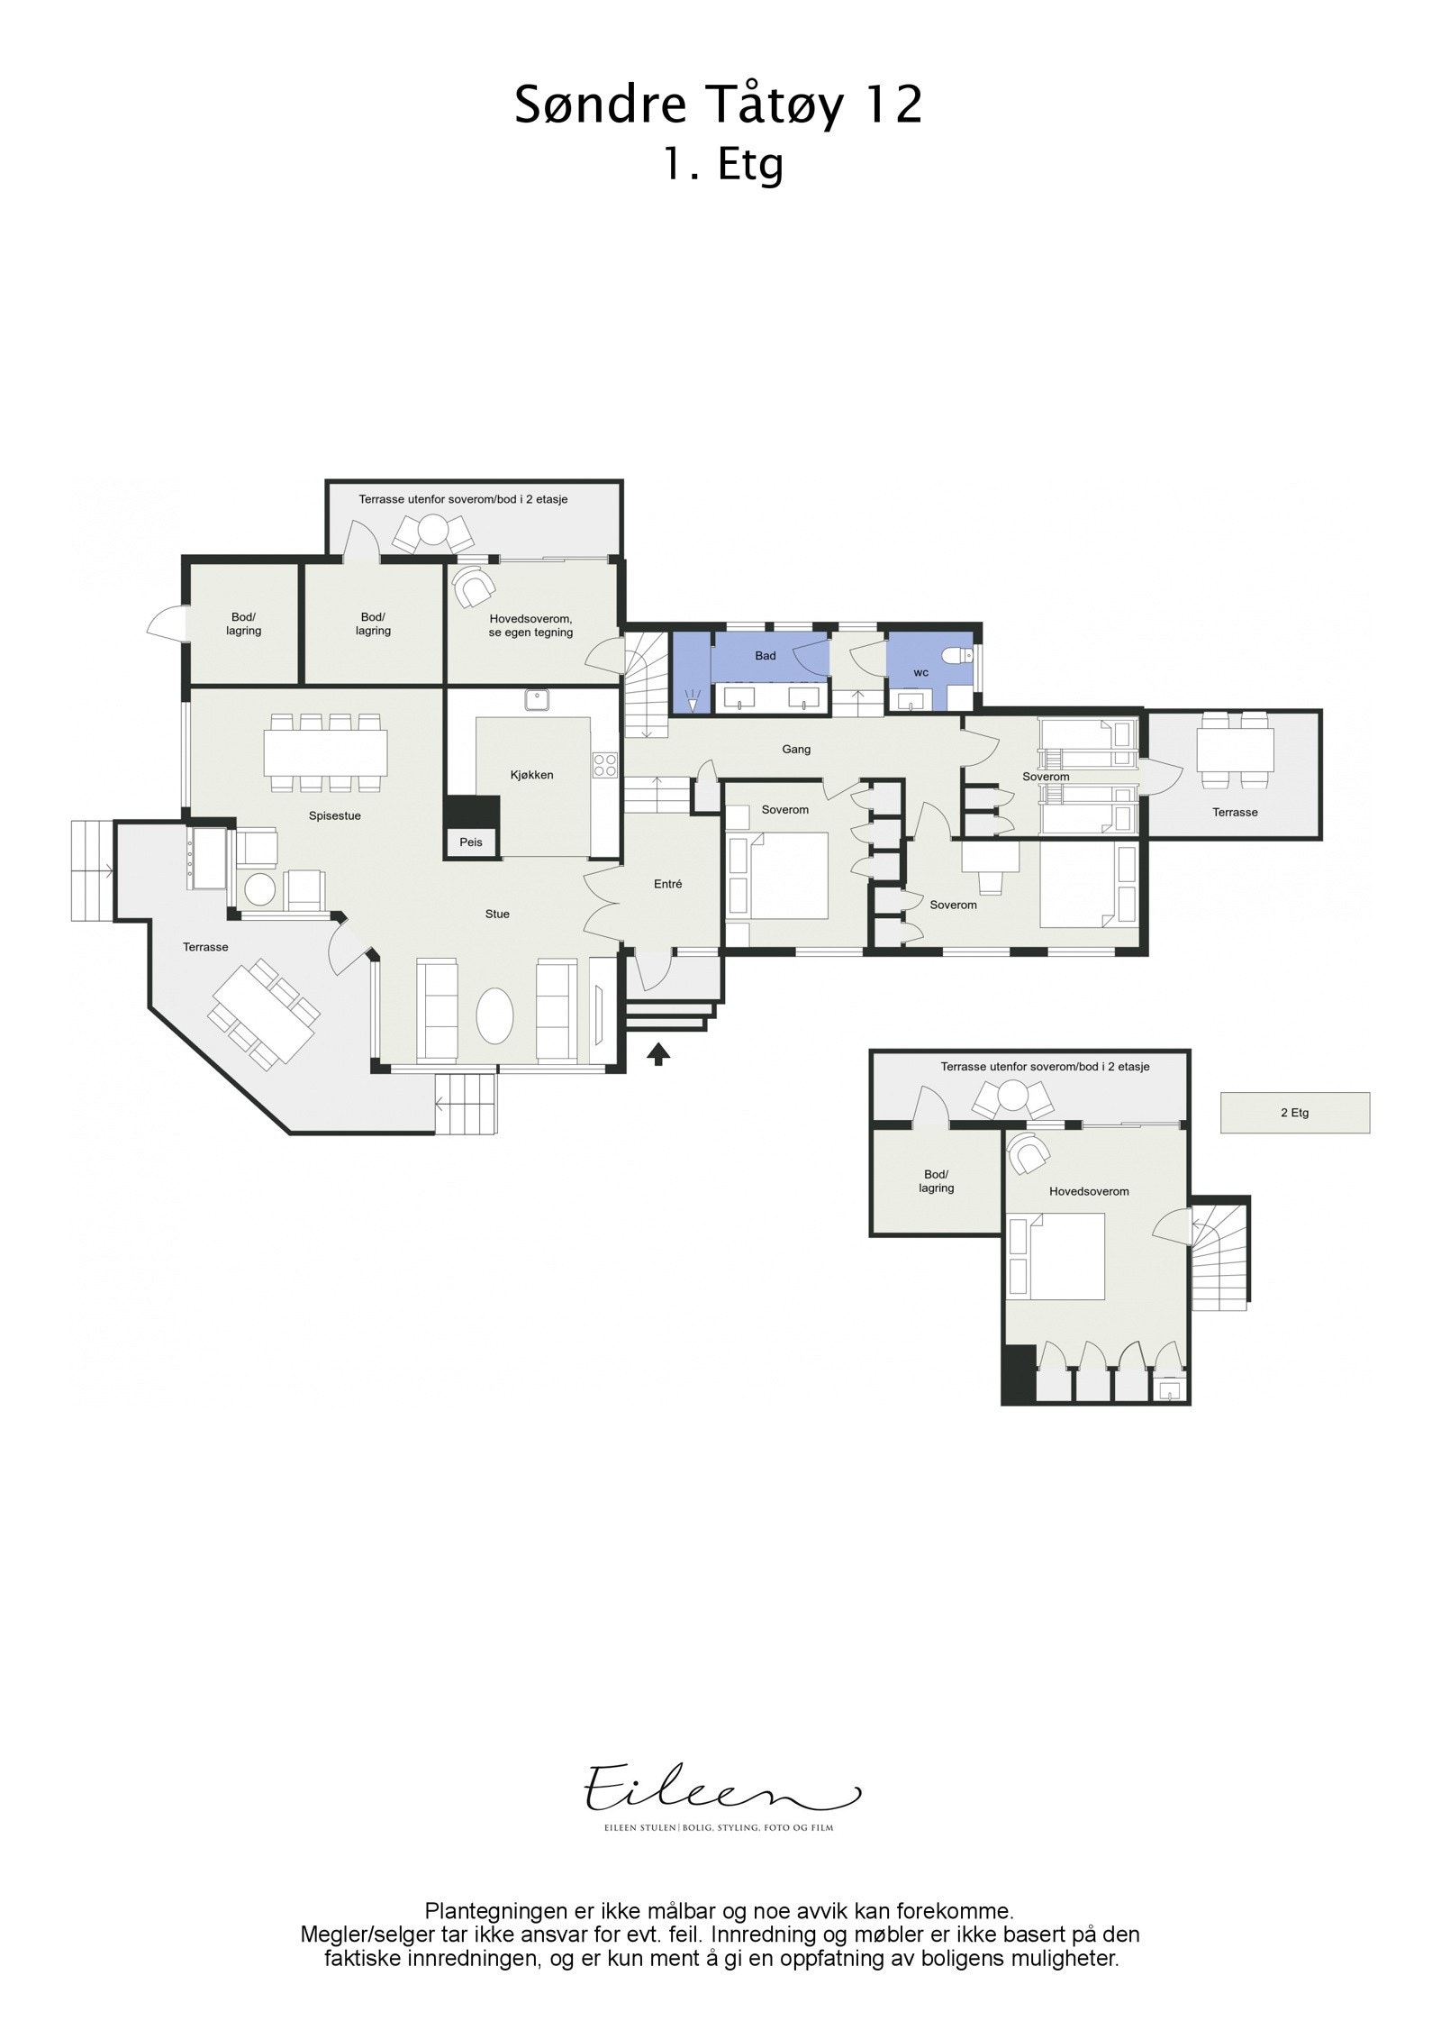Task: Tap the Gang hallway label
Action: [796, 749]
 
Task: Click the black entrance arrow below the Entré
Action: [658, 1052]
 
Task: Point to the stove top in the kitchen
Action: [605, 765]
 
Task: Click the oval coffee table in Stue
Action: [494, 1015]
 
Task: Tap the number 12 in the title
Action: [892, 105]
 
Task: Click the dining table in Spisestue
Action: [325, 751]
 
